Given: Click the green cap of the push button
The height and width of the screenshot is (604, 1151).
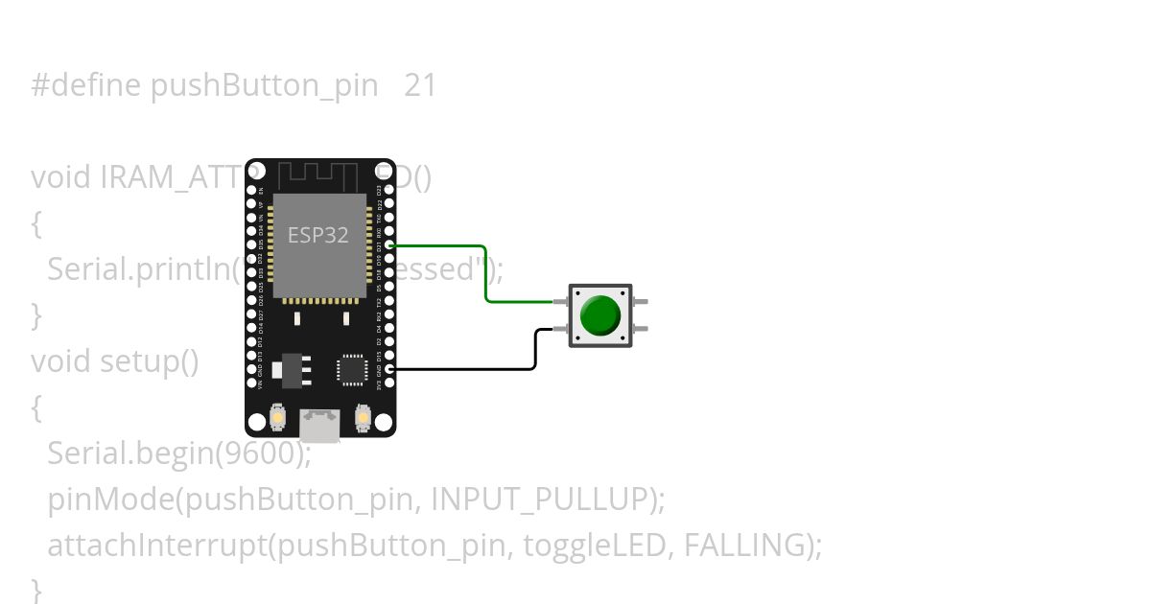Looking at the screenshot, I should click(600, 315).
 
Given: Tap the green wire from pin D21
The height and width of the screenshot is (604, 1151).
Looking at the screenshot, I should click(486, 278).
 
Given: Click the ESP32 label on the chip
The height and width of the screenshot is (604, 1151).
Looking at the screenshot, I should click(317, 235).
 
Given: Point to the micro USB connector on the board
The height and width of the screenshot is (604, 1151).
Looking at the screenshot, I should click(319, 426).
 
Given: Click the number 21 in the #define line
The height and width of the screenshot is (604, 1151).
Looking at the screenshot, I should click(420, 86).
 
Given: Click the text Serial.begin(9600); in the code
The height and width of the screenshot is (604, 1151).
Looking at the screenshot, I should click(179, 453).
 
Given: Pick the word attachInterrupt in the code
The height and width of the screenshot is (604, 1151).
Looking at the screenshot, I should click(156, 545).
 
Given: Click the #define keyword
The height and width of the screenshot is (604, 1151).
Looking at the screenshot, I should click(86, 86).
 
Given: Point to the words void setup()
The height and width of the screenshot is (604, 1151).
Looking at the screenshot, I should click(115, 361).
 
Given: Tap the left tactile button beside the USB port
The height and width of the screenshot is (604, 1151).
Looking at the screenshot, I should click(277, 417).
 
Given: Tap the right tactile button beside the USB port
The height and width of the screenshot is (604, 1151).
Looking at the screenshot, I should click(363, 417).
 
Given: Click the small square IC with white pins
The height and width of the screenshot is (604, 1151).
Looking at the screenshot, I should click(352, 370).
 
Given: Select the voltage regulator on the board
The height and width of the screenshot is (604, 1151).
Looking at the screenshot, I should click(288, 368).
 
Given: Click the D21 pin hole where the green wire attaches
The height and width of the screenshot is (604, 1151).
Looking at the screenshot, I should click(388, 245).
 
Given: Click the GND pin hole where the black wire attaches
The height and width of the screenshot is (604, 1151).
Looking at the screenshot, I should click(388, 369).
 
